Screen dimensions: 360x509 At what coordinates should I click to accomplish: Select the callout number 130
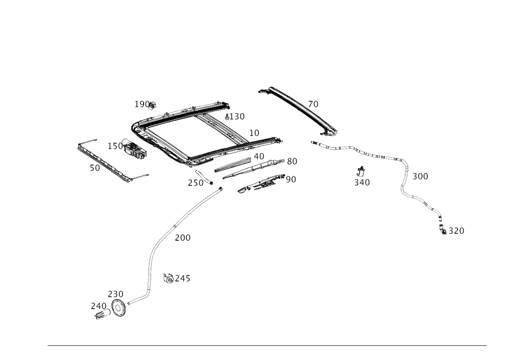[x=236, y=117]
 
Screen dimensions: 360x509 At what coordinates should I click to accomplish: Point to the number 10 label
[x=254, y=133]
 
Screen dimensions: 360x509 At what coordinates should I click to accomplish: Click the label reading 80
[x=292, y=161]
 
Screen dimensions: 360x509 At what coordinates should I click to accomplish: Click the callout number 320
[x=362, y=181]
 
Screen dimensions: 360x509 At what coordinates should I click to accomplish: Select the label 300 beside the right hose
[x=420, y=176]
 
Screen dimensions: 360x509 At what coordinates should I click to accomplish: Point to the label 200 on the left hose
[x=183, y=238]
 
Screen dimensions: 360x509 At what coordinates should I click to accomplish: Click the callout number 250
[x=115, y=294]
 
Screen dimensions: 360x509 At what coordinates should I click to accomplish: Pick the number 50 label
[x=95, y=169]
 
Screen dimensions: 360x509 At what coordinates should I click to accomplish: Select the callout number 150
[x=114, y=146]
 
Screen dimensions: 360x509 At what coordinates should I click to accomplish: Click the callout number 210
[x=98, y=306]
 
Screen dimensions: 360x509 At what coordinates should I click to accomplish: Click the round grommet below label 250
[x=120, y=309]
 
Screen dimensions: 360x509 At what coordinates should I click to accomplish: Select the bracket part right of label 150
[x=135, y=152]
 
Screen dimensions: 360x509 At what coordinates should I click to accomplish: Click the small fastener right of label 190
[x=155, y=106]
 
